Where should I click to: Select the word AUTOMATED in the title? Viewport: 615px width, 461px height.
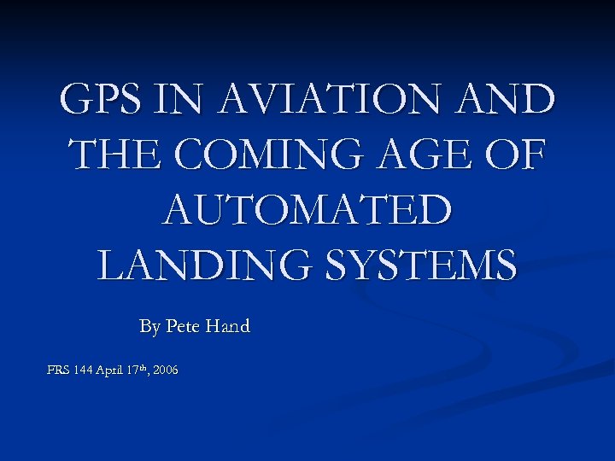[x=307, y=210]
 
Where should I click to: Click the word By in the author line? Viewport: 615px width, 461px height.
[x=149, y=326]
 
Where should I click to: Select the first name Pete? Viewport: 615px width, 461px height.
[x=184, y=326]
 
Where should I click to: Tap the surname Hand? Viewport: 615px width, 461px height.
[x=228, y=326]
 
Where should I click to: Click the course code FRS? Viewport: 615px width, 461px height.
[x=59, y=371]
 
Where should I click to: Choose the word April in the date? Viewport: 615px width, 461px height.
[x=112, y=371]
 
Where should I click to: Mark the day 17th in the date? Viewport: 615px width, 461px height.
[x=141, y=370]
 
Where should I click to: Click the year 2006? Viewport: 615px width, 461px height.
[x=167, y=371]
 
